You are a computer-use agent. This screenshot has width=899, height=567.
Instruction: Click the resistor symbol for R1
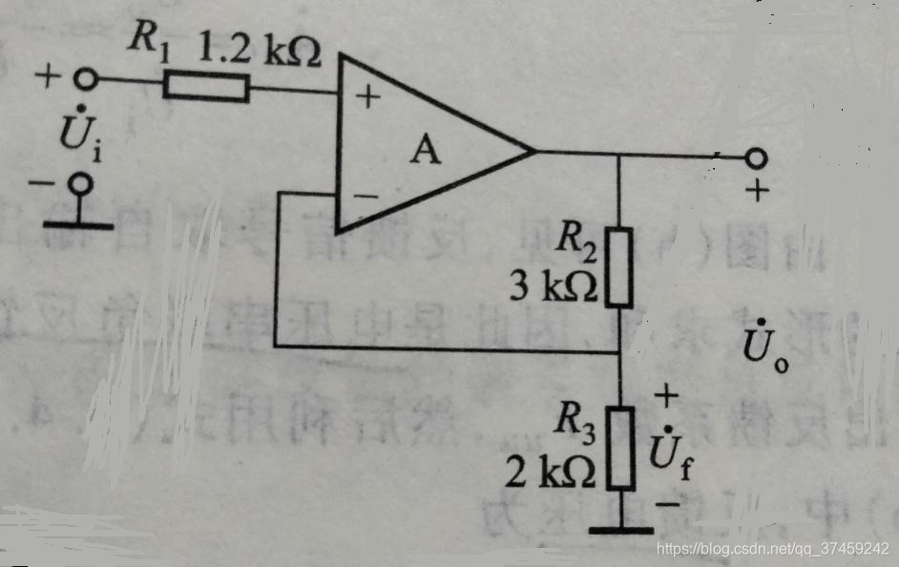[x=206, y=89]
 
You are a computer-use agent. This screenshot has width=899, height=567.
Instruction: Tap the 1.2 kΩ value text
[x=259, y=49]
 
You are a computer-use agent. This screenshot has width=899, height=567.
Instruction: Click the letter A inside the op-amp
[x=427, y=151]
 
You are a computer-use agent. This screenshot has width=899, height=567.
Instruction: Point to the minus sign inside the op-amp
[x=366, y=197]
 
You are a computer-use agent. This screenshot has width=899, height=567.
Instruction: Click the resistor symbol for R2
[x=619, y=266]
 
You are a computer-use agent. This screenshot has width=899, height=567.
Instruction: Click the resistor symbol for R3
[x=620, y=448]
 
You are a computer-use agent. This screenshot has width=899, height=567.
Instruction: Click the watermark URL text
[x=774, y=549]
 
